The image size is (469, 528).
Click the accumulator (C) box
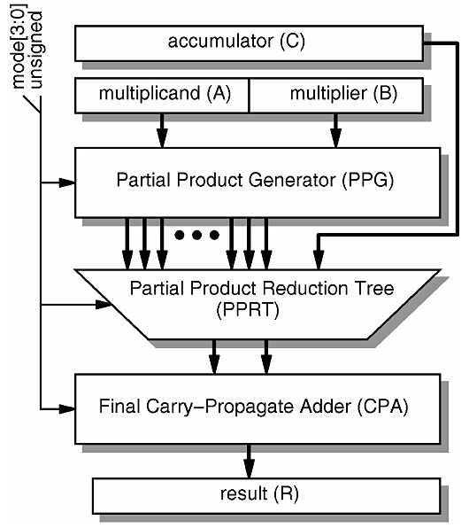click(x=249, y=42)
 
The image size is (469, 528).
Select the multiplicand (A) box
click(x=162, y=96)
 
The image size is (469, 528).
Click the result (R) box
click(x=249, y=493)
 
